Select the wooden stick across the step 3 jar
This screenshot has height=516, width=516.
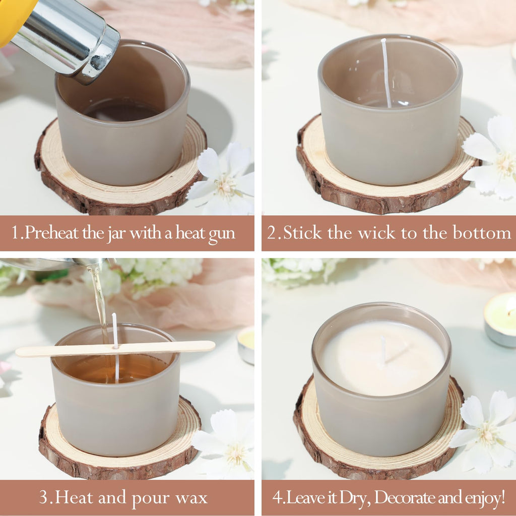pyautogui.click(x=115, y=349)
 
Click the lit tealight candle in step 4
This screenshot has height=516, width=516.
pyautogui.click(x=500, y=319)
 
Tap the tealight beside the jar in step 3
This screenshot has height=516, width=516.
pyautogui.click(x=246, y=346)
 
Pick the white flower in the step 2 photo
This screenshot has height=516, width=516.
pyautogui.click(x=492, y=158)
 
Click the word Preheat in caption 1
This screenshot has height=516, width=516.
pyautogui.click(x=52, y=233)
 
